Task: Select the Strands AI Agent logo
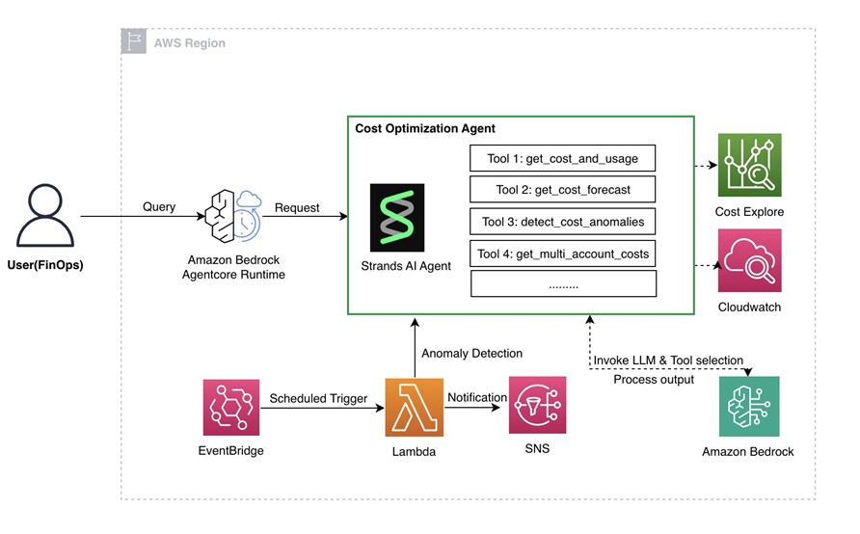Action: coord(396,218)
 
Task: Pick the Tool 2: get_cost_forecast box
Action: coord(563,189)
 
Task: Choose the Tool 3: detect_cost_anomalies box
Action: coord(563,222)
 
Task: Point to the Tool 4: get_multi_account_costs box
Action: coord(563,254)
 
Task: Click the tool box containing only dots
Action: coord(563,284)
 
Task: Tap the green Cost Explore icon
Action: coord(749,166)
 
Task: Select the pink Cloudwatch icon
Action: coord(749,260)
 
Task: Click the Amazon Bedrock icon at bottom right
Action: coord(749,407)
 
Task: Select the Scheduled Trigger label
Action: coord(318,398)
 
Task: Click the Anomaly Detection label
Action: coord(472,354)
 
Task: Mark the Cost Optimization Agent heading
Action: coord(425,128)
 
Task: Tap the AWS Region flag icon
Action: coord(134,41)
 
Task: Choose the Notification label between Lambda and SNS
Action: coord(477,397)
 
